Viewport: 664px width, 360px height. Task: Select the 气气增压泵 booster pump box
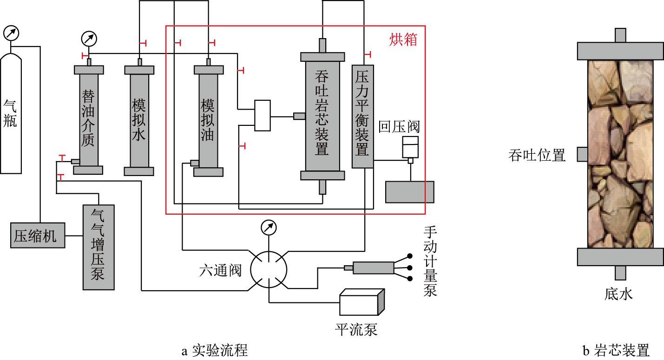(x=98, y=247)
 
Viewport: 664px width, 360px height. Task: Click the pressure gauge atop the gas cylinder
(x=12, y=33)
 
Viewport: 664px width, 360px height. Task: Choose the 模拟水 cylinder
(x=139, y=119)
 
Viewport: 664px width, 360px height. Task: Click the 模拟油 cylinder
(x=208, y=120)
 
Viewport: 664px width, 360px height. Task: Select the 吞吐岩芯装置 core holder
(x=322, y=116)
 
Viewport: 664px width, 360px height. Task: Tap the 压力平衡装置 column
(x=363, y=116)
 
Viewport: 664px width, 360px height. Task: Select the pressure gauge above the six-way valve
(x=269, y=227)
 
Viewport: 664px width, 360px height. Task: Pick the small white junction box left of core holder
(x=263, y=115)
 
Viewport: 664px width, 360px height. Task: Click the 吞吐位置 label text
(x=537, y=155)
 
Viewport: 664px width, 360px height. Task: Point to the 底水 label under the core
(x=619, y=294)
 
